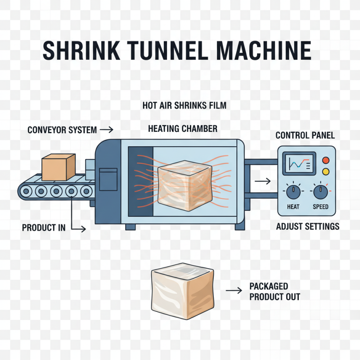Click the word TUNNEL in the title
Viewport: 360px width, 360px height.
point(156,50)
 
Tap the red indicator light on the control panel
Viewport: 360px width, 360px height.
point(326,160)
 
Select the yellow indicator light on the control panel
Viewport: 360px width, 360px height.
point(326,171)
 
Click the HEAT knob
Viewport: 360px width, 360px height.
point(293,192)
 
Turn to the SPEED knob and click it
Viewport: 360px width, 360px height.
point(320,192)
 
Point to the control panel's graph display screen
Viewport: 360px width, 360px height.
point(297,164)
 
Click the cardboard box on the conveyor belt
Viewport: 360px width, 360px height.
point(58,167)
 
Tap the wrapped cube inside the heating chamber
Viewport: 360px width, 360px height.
point(185,186)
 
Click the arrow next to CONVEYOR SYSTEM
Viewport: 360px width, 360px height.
point(107,130)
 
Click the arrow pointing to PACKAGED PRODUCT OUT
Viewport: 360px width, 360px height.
point(234,291)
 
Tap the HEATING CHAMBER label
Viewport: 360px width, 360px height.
point(183,129)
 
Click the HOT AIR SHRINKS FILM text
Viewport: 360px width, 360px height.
point(184,106)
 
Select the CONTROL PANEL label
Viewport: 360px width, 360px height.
point(305,135)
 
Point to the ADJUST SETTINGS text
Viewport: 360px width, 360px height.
point(307,226)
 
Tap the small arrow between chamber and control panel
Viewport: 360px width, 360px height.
point(262,181)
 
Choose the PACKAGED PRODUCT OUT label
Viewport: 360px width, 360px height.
point(274,292)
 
